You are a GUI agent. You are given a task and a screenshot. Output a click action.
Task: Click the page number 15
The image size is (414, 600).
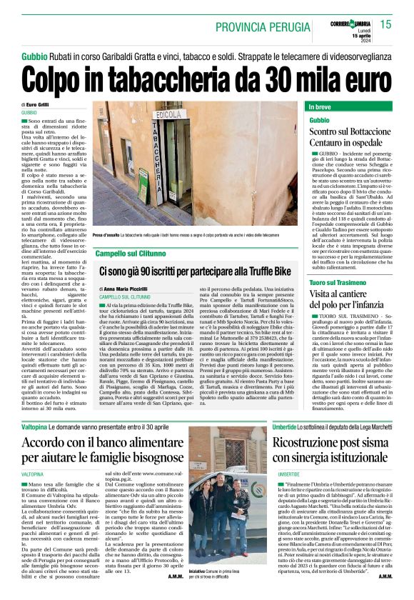[x=386, y=24]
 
